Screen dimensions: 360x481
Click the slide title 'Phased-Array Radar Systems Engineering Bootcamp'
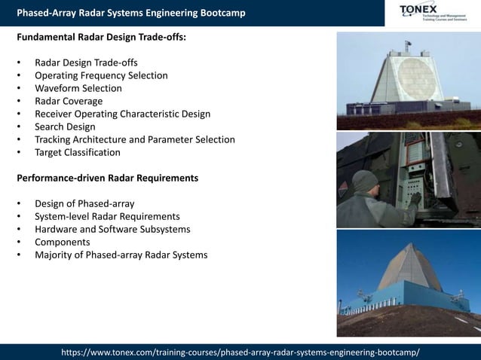(x=130, y=13)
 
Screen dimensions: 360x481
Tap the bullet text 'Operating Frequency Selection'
(x=101, y=75)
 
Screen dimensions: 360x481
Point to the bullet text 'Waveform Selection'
(x=78, y=88)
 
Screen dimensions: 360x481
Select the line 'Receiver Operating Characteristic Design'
(x=122, y=114)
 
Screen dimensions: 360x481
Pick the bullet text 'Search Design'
(x=65, y=127)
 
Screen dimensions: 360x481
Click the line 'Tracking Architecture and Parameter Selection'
(x=134, y=139)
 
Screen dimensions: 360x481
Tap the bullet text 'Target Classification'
(x=77, y=152)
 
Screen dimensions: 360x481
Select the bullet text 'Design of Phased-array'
(x=85, y=204)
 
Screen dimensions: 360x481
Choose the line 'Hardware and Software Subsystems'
(x=112, y=230)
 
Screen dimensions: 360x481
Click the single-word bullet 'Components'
(x=62, y=243)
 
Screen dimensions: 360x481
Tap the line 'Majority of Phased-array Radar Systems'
(x=121, y=255)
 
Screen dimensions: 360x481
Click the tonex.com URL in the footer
(x=240, y=352)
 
